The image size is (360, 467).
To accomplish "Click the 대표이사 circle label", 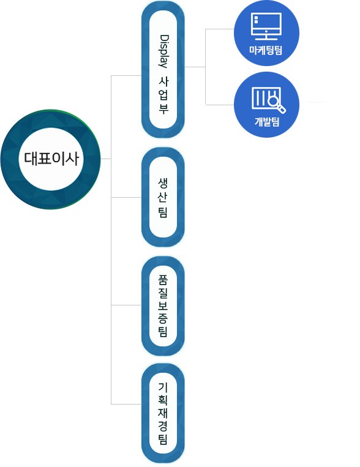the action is click(x=51, y=159).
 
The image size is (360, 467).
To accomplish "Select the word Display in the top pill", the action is click(x=163, y=51).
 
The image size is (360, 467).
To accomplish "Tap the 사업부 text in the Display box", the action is click(x=163, y=95).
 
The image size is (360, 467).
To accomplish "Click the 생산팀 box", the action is click(x=163, y=197).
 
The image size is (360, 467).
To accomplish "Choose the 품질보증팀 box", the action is click(x=163, y=306).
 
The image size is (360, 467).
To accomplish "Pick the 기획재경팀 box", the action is click(x=163, y=413).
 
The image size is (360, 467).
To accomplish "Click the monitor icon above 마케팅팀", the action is click(x=266, y=26).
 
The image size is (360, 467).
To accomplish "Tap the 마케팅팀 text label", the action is click(x=266, y=50).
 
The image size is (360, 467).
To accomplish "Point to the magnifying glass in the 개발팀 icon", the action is click(x=276, y=103).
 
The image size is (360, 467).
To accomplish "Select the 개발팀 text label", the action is click(x=267, y=122).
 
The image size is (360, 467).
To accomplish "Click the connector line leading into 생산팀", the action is click(x=126, y=197).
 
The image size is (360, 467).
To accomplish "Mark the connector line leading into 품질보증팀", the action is click(x=126, y=305).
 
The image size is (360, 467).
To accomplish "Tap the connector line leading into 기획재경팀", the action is click(x=126, y=404).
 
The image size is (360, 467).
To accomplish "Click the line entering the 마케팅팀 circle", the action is click(x=220, y=29).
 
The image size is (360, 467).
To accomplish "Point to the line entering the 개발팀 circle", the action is click(x=220, y=105).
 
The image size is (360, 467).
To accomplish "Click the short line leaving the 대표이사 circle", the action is click(x=106, y=159).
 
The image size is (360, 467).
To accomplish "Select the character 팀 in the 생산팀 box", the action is click(x=163, y=212).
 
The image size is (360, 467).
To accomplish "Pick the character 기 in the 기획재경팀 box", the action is click(x=163, y=387).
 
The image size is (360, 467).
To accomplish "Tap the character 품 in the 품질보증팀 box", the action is click(x=163, y=279).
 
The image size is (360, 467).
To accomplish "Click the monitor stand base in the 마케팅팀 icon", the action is click(x=266, y=39).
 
